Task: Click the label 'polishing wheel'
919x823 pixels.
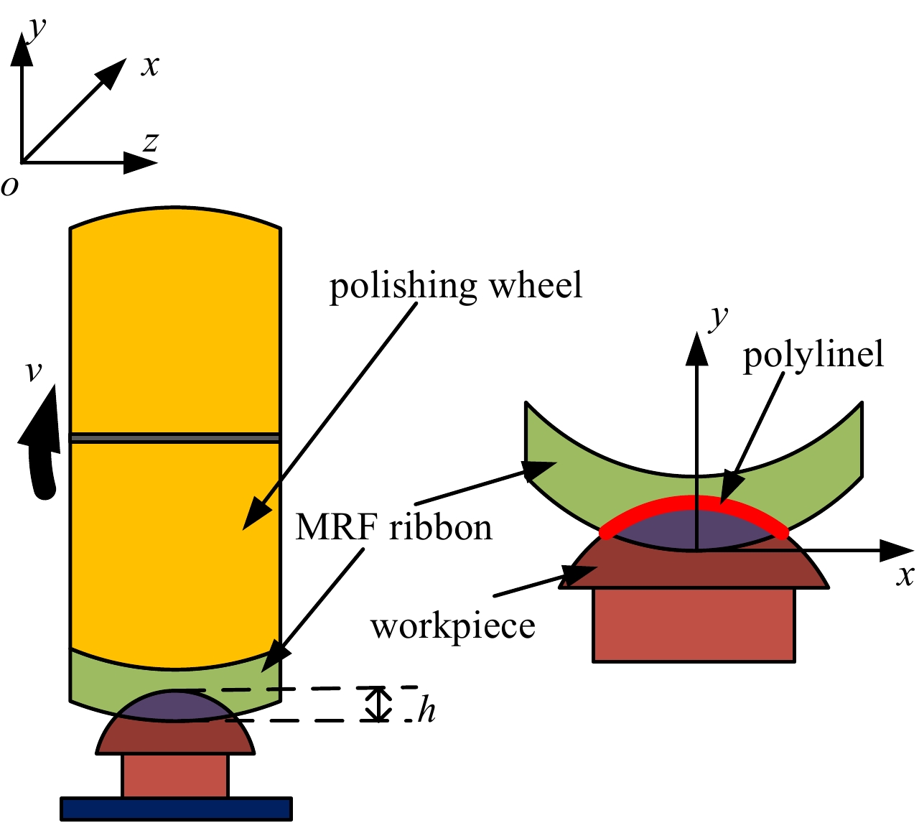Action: click(456, 287)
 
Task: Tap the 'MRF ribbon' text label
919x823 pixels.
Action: click(394, 528)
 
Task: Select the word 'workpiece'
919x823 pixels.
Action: click(453, 626)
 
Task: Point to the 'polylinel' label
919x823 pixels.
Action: click(813, 355)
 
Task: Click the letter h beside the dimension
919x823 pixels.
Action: click(427, 711)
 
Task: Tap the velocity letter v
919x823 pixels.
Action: click(33, 371)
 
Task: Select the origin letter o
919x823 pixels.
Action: click(10, 186)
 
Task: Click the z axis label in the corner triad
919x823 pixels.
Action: click(150, 142)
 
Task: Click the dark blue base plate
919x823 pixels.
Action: click(176, 809)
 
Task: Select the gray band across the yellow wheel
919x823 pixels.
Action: click(174, 437)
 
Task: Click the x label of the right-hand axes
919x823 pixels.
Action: click(905, 575)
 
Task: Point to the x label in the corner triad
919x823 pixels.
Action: click(150, 65)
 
